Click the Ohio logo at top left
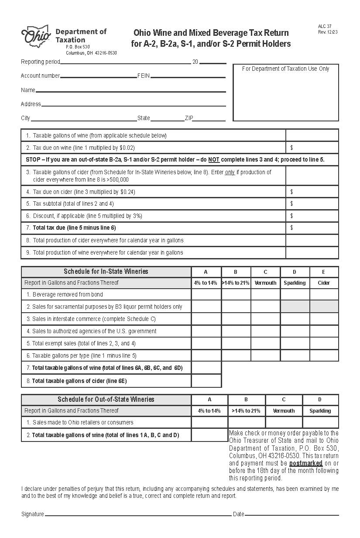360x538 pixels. pyautogui.click(x=36, y=36)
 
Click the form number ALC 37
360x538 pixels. pyautogui.click(x=325, y=27)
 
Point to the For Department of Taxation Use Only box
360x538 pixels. pyautogui.click(x=286, y=93)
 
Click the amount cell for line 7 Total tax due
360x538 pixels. pyautogui.click(x=312, y=228)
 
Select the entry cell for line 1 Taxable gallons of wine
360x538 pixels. pyautogui.click(x=312, y=135)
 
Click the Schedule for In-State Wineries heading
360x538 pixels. pyautogui.click(x=106, y=272)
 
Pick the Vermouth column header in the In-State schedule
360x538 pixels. pyautogui.click(x=265, y=283)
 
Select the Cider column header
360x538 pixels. pyautogui.click(x=324, y=283)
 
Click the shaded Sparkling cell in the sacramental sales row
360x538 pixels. pyautogui.click(x=295, y=307)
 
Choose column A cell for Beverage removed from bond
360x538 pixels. pyautogui.click(x=206, y=295)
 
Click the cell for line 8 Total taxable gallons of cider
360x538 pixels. pyautogui.click(x=206, y=381)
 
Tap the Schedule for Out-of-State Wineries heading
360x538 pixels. pyautogui.click(x=106, y=400)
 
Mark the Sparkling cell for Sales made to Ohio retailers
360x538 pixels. pyautogui.click(x=320, y=422)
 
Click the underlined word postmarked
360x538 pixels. pyautogui.click(x=305, y=463)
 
